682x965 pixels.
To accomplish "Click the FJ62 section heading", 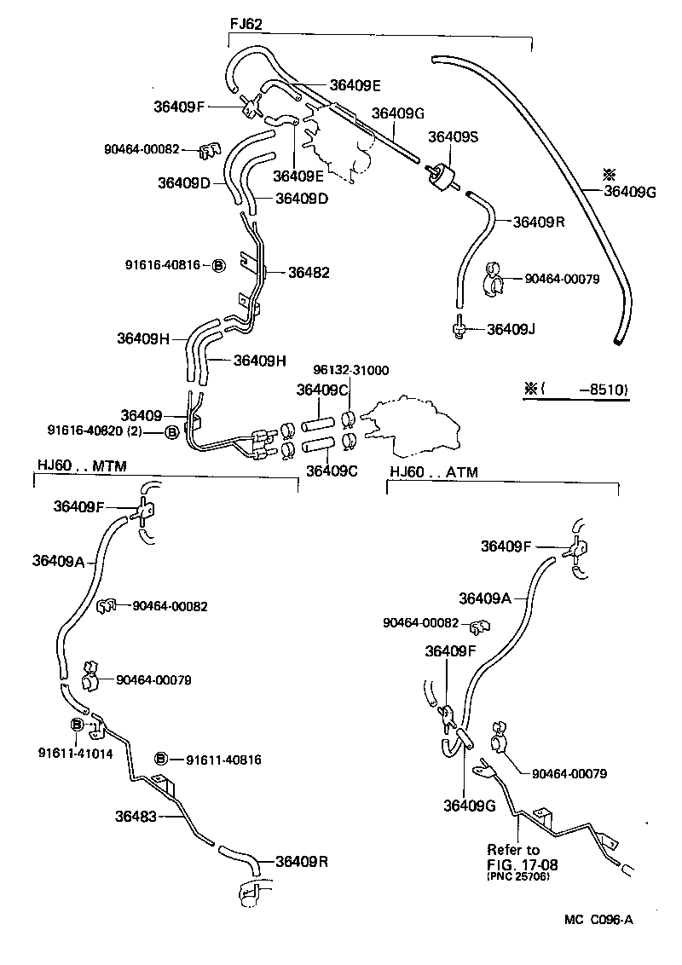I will click(x=246, y=24).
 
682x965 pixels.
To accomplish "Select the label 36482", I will click(x=309, y=273).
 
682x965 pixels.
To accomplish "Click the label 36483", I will click(x=136, y=816).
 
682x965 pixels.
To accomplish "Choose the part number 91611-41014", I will click(x=75, y=754).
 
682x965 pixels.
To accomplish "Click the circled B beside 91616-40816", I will click(x=217, y=265).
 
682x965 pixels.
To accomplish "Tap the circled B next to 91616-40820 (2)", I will click(x=170, y=432).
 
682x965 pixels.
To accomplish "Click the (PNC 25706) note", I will click(x=518, y=876).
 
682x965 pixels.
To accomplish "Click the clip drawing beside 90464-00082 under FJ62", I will click(x=207, y=151).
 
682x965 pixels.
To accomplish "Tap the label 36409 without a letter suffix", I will click(x=141, y=415).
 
